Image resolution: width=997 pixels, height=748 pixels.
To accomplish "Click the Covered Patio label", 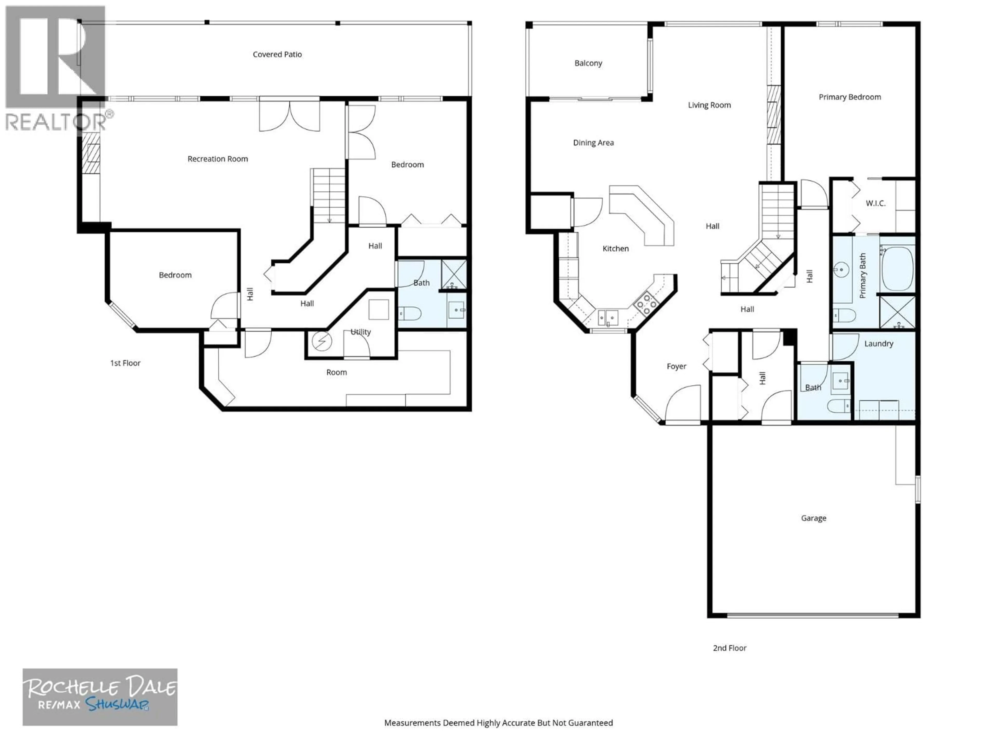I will pyautogui.click(x=277, y=55).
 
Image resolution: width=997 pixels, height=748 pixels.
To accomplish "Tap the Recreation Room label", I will pyautogui.click(x=218, y=159).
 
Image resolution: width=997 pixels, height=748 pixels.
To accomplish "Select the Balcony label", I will pyautogui.click(x=588, y=63).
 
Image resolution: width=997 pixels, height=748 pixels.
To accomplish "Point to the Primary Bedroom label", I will pyautogui.click(x=850, y=97).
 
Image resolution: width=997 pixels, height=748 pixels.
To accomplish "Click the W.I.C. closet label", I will pyautogui.click(x=875, y=203).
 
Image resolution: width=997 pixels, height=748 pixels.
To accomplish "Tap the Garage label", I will pyautogui.click(x=813, y=518).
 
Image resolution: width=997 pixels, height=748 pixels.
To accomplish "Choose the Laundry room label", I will pyautogui.click(x=878, y=344).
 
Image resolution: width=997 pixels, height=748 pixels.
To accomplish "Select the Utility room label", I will pyautogui.click(x=361, y=332).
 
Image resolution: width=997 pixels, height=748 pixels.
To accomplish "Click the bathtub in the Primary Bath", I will pyautogui.click(x=897, y=269).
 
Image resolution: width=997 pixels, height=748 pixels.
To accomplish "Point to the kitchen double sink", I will pyautogui.click(x=608, y=317).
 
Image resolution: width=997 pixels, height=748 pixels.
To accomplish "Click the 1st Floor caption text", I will pyautogui.click(x=125, y=363).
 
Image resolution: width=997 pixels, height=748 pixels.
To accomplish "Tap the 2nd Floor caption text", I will pyautogui.click(x=729, y=648).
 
